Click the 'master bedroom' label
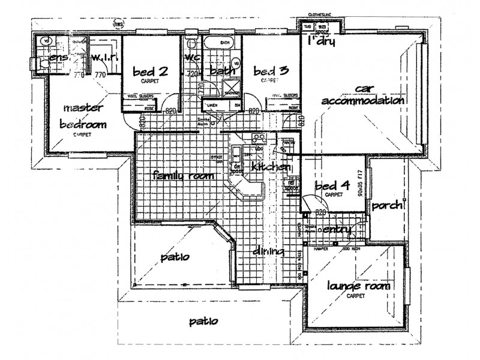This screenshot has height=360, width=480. [x=85, y=116]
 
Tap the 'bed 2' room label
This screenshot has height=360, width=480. [x=150, y=71]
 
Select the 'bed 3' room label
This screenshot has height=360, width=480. [x=271, y=71]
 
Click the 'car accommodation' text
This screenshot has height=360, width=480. [x=362, y=95]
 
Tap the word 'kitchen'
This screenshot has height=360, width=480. [x=271, y=166]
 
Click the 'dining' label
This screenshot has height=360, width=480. [x=268, y=251]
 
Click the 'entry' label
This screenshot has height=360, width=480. [x=337, y=230]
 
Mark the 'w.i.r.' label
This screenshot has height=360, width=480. [x=106, y=58]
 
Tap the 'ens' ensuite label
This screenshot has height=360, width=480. [x=58, y=58]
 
